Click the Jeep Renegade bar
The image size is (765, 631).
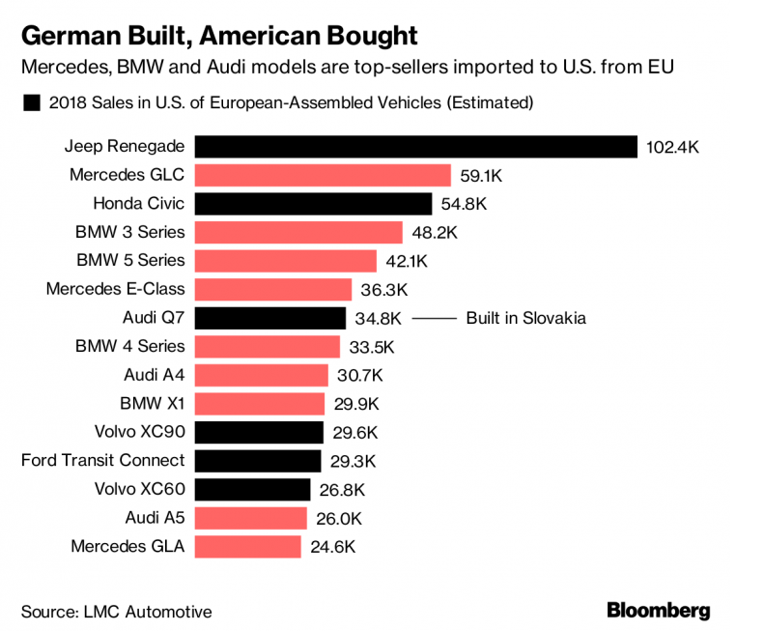(416, 147)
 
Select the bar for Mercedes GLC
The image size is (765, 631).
(323, 175)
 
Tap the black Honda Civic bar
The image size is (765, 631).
(313, 204)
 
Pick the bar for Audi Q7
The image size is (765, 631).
(270, 318)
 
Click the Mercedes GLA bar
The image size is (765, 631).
(247, 547)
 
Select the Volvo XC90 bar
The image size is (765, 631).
(259, 432)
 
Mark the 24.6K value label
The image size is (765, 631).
(331, 547)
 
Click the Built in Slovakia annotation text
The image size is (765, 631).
(525, 318)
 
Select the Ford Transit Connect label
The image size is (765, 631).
(102, 461)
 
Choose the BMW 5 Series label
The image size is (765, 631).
(129, 261)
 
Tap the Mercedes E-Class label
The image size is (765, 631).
(115, 289)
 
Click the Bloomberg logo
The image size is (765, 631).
(658, 610)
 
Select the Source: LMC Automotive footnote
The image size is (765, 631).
(116, 612)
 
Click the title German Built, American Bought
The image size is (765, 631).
(219, 38)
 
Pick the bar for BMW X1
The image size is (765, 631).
(260, 404)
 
